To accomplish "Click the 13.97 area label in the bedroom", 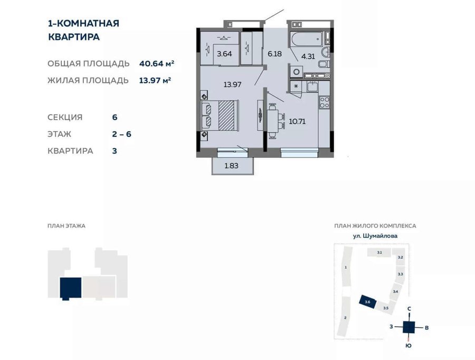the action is pos(232,84).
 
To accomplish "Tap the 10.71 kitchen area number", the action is pos(297,121).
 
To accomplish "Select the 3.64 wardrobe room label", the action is pos(224,54).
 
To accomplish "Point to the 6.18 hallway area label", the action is pos(274,54).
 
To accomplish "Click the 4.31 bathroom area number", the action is pos(308,56).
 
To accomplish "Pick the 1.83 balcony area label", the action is pos(231,166).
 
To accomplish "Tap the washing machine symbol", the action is pos(297,72).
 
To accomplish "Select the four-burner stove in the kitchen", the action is pos(325,102).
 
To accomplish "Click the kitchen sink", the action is pos(312,87).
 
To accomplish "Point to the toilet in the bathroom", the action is pos(324,64).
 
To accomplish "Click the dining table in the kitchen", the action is pos(273,121).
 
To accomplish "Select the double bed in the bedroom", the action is pos(220,116).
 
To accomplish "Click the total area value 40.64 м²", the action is pos(157,64).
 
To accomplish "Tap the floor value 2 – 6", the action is pos(121,134).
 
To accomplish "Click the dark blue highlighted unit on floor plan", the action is pos(71,288).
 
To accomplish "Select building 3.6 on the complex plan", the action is pos(367,302).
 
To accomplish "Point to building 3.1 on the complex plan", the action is pos(379,252).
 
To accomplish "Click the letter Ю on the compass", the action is pos(408,346).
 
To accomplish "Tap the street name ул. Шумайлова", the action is pos(375,236).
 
